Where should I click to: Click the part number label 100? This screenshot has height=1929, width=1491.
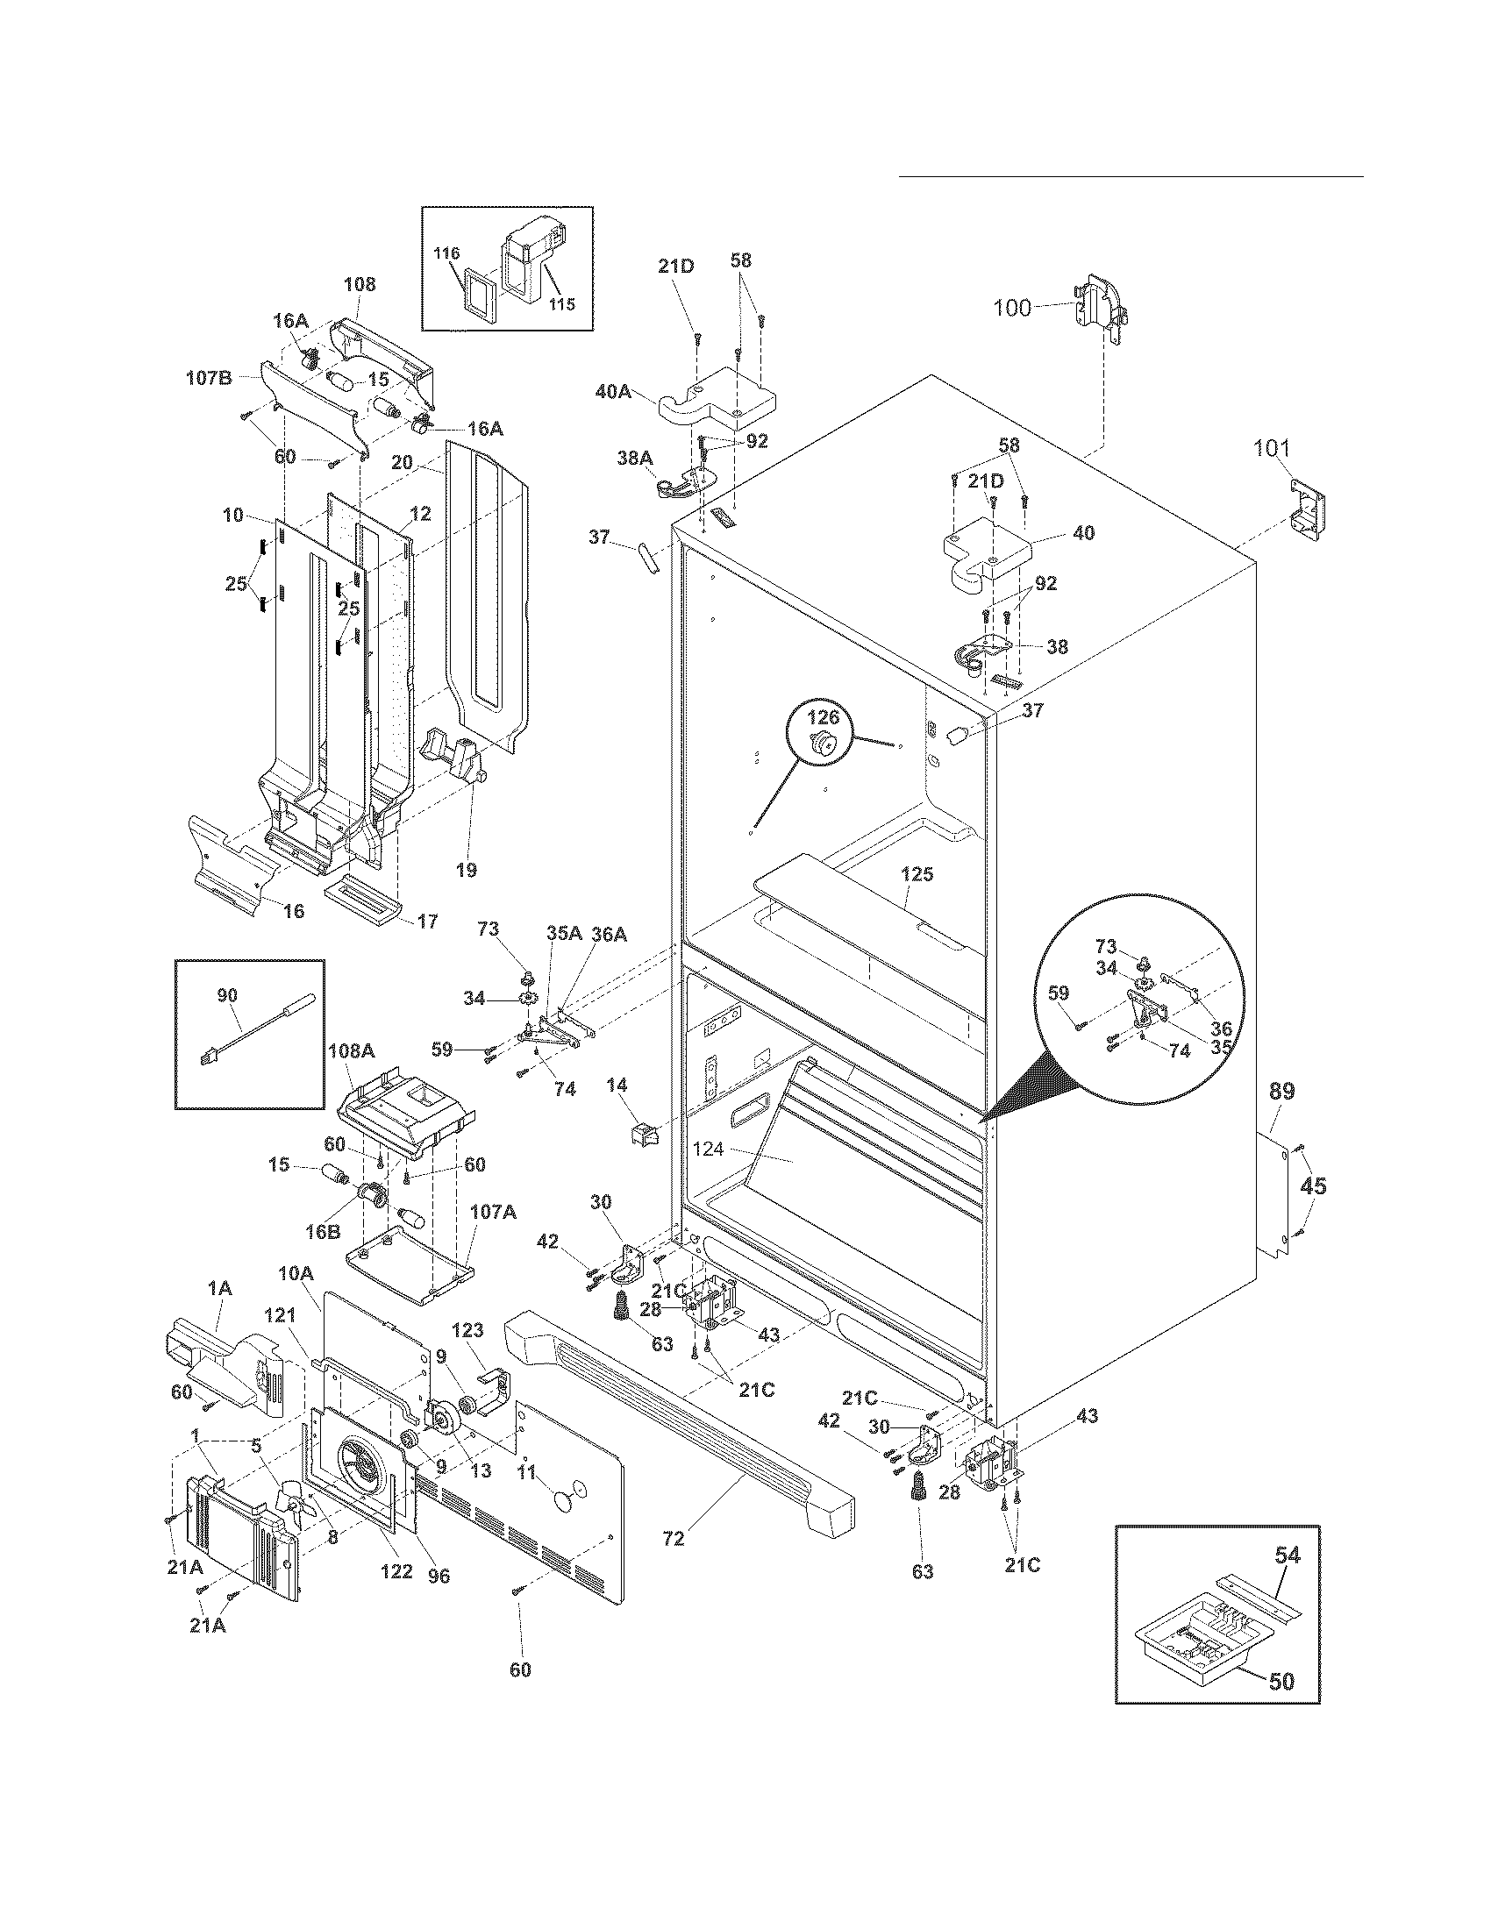tap(1012, 309)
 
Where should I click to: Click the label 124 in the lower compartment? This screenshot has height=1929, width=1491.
tap(708, 1150)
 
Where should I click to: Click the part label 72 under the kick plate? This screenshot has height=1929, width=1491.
tap(673, 1538)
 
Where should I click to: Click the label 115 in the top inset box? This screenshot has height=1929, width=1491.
tap(561, 305)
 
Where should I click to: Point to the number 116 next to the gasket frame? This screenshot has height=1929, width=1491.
tap(447, 253)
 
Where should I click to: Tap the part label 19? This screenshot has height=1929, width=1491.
tap(466, 871)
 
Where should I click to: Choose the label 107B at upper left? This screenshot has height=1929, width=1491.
tap(210, 378)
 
